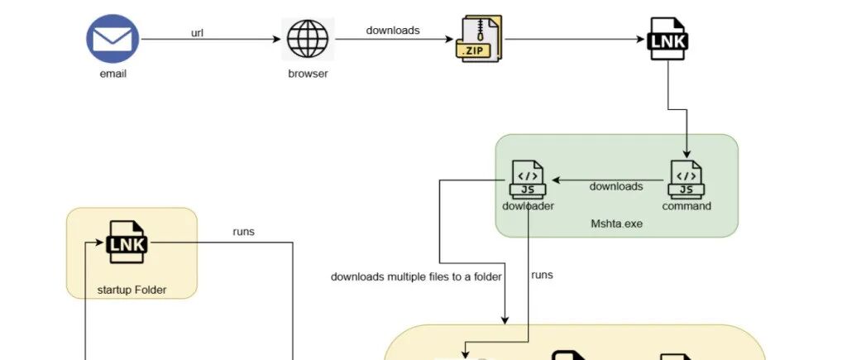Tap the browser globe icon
coord(308,39)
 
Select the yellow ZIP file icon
coord(479,39)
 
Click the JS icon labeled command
coord(686,180)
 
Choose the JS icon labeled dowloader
coord(528,180)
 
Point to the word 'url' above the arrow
coord(198,33)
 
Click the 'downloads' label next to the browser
coord(393,31)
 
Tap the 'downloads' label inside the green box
coord(615,186)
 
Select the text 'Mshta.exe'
coord(616,223)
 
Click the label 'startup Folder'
coord(132,289)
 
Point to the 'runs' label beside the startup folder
coord(244,232)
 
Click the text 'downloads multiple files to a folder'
coord(416,276)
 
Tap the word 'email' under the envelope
coord(112,74)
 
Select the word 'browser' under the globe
coord(308,74)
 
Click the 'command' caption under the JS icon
coord(687,206)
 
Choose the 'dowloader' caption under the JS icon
coord(528,206)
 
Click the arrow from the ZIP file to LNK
coord(575,39)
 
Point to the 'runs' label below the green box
coord(542,275)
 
